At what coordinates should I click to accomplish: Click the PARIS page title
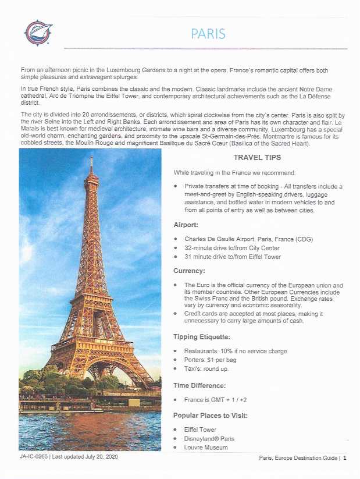click(208, 33)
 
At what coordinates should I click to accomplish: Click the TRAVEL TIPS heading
click(257, 158)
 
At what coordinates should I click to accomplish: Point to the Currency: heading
click(189, 271)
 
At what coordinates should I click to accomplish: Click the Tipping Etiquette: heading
click(202, 336)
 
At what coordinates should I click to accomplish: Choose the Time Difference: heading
click(199, 385)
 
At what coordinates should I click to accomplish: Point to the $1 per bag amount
click(223, 360)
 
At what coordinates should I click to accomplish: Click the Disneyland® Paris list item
click(209, 438)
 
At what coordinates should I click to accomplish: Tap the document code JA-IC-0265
click(33, 457)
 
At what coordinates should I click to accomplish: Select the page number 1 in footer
click(345, 458)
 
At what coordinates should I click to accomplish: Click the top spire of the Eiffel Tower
click(91, 159)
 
